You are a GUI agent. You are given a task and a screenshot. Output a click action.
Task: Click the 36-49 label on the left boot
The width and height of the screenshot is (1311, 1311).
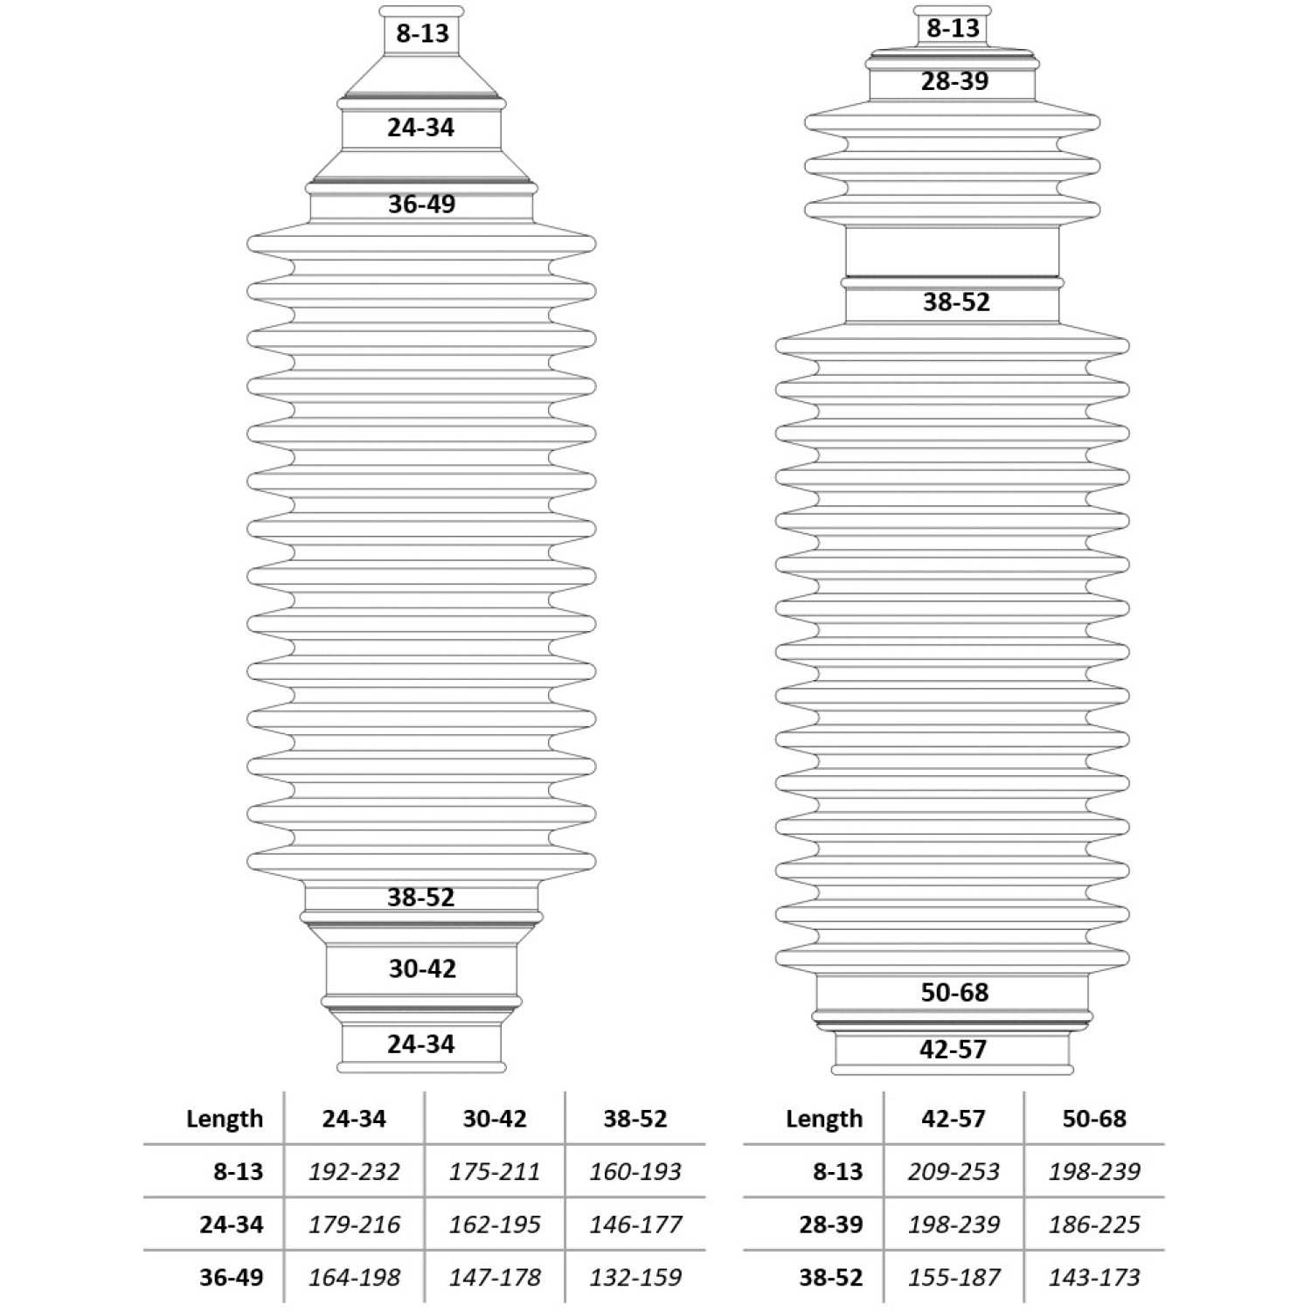pos(422,204)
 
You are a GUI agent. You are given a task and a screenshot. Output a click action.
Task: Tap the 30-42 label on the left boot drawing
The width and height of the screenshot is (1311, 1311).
pos(422,968)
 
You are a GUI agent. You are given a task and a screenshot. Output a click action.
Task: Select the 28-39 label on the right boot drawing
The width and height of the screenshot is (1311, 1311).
pos(954,81)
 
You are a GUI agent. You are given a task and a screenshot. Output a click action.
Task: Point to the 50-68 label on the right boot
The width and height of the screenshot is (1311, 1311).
pos(954,992)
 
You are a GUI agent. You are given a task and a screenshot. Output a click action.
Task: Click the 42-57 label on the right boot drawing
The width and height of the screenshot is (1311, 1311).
pos(953,1049)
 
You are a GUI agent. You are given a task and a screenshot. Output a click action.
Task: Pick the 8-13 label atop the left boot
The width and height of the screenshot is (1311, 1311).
pos(422,33)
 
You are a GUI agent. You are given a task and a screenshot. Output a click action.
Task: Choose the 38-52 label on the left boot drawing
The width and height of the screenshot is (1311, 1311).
pos(421,897)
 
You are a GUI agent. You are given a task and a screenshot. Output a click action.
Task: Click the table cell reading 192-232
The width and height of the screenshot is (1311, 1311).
pos(354,1171)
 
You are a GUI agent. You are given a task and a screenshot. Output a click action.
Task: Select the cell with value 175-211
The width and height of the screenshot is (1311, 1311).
pos(495,1171)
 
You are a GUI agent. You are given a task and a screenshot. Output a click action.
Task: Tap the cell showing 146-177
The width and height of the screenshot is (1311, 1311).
pos(635,1224)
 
